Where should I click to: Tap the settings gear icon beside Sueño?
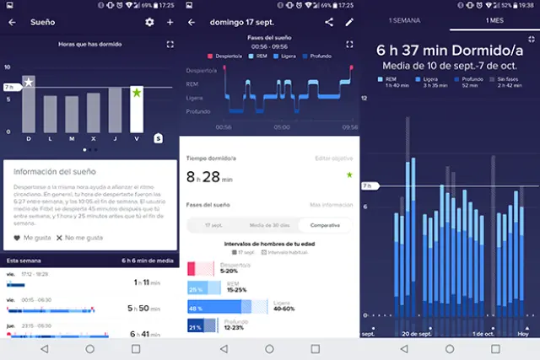(x=149, y=22)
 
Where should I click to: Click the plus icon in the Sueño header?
(x=170, y=22)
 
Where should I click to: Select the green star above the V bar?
(x=137, y=93)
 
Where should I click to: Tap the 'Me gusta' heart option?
(x=30, y=238)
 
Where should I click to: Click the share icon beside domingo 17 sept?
(x=329, y=22)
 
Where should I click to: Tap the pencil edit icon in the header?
(x=349, y=22)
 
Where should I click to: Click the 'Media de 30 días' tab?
(x=268, y=226)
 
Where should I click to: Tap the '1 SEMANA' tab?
(x=406, y=19)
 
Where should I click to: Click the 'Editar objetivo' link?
(x=333, y=159)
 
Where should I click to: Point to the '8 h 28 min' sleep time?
(x=209, y=177)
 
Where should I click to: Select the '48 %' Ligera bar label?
(x=194, y=309)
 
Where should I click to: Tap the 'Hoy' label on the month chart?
(x=522, y=334)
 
